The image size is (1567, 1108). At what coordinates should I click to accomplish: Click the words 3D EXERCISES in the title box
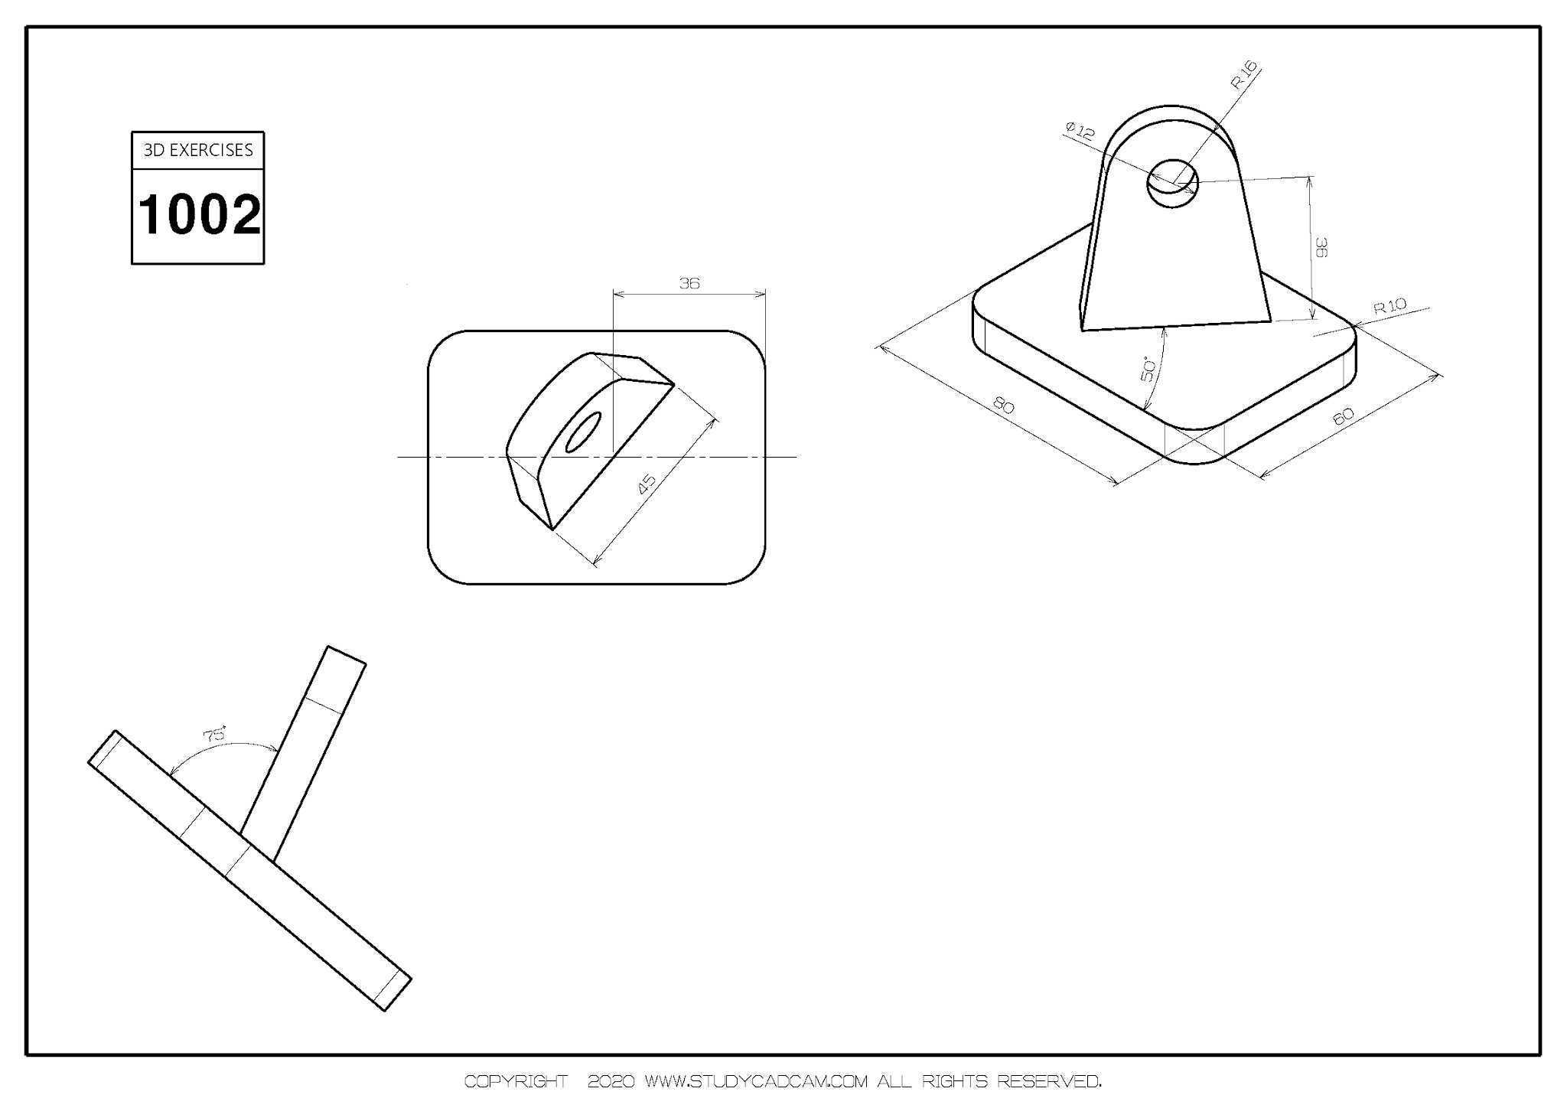click(198, 150)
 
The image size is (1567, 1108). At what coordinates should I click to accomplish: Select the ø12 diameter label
click(1080, 131)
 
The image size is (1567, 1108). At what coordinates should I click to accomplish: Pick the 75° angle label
click(215, 734)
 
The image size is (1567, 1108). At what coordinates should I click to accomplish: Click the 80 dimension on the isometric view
click(1003, 405)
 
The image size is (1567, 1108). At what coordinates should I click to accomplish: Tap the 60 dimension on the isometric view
click(1344, 416)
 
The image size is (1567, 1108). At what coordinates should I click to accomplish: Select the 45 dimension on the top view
click(647, 483)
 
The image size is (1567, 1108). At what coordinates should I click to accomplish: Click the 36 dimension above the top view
click(689, 283)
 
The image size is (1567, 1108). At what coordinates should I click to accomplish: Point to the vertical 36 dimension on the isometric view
click(1321, 247)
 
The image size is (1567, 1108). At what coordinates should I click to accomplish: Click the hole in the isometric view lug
click(1172, 184)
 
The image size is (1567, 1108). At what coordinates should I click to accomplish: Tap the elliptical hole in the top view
click(583, 432)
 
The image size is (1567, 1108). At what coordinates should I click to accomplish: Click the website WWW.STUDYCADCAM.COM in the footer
click(757, 1082)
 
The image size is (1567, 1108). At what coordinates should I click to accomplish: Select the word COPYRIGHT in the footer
click(516, 1082)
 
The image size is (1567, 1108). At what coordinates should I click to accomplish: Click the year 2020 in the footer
click(611, 1082)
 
